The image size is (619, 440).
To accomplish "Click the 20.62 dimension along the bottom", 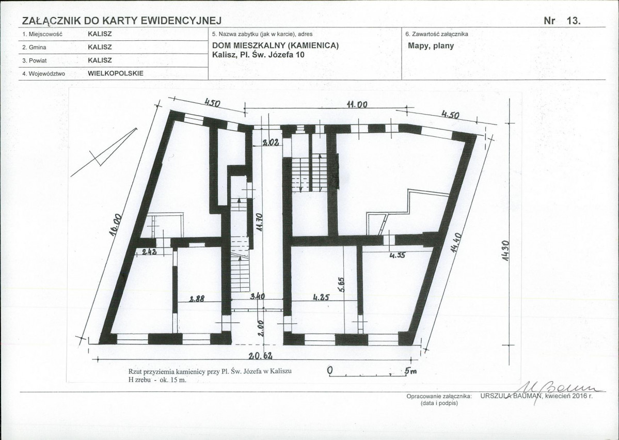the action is coord(260,355).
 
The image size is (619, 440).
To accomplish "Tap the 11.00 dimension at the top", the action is coord(357,105).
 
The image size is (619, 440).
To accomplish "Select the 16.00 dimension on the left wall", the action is coord(115,226).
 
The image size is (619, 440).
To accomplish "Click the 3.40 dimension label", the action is coord(258,296).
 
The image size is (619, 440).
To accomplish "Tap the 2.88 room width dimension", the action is coord(196,299).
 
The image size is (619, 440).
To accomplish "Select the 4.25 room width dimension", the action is coord(321,297).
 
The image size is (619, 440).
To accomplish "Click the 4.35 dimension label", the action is coord(397,256).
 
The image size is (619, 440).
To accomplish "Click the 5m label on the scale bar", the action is coord(410,371).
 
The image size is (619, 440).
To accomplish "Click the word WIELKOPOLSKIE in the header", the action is coord(116,73).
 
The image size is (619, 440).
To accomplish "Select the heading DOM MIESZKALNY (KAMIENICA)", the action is coord(276,45).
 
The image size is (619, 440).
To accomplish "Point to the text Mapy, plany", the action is coord(431,46).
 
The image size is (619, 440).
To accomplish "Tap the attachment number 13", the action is coord(574,21).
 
